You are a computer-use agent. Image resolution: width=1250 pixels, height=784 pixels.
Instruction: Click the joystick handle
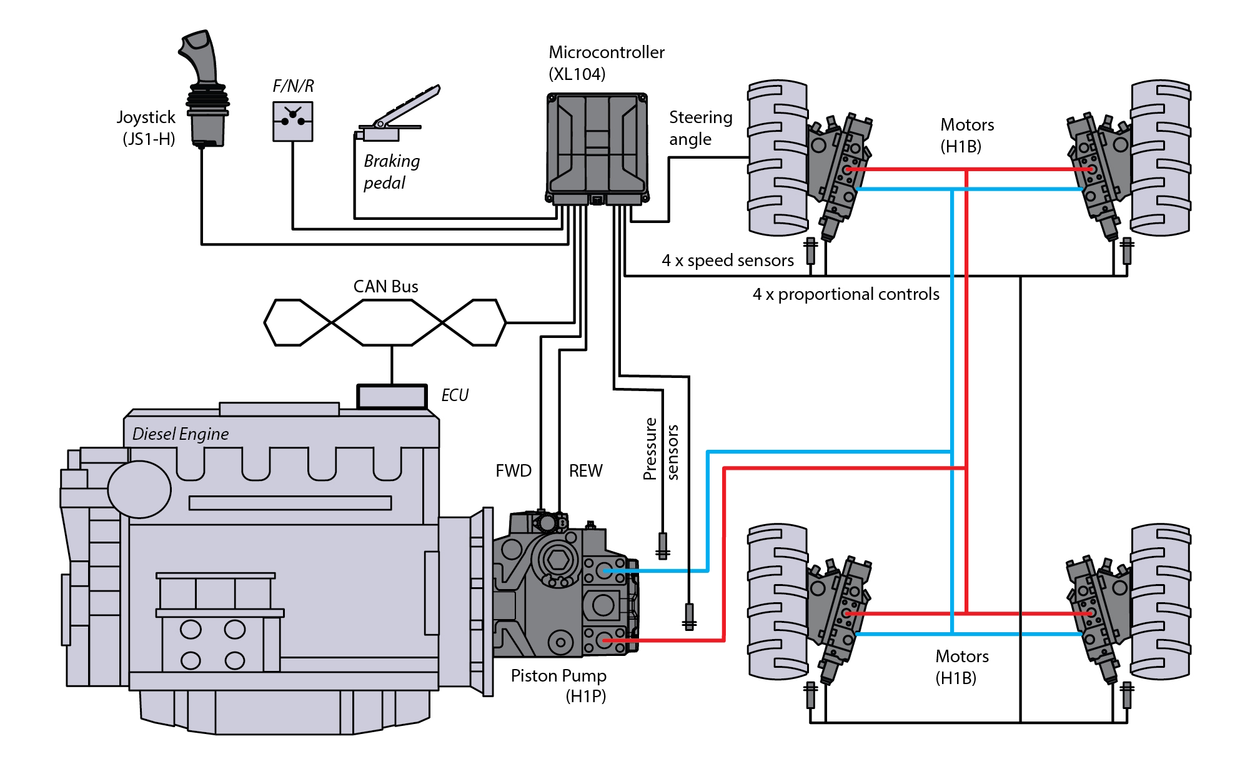click(204, 87)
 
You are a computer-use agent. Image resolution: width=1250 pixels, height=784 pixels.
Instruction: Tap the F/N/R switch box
click(293, 122)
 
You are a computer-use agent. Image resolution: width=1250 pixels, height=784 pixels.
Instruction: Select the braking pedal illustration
click(397, 114)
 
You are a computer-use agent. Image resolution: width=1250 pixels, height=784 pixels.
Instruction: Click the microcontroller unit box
click(597, 149)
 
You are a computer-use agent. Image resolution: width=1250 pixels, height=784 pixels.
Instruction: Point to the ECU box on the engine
click(392, 397)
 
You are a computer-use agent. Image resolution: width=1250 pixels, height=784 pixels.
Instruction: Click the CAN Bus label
click(385, 287)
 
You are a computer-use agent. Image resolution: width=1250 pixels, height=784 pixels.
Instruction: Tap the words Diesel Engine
click(181, 434)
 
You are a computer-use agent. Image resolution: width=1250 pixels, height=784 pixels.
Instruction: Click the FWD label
click(513, 471)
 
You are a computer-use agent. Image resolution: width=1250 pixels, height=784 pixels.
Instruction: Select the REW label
click(586, 471)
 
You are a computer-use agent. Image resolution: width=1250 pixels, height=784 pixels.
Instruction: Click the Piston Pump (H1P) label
click(558, 686)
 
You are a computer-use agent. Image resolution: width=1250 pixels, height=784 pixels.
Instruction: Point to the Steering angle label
click(700, 128)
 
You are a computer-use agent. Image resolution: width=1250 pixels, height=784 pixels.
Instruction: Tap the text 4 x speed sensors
click(728, 261)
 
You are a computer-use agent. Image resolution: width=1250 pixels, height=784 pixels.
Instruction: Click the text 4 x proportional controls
click(846, 294)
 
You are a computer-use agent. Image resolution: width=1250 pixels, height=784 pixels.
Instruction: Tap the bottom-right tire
click(1161, 602)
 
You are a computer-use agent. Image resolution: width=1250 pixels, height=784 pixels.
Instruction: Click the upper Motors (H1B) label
click(967, 136)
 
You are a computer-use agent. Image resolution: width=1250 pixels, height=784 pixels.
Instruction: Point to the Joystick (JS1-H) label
click(146, 128)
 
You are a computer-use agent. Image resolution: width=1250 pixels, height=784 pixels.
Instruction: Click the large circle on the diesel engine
click(139, 490)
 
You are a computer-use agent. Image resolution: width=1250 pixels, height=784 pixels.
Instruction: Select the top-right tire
click(1161, 157)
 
